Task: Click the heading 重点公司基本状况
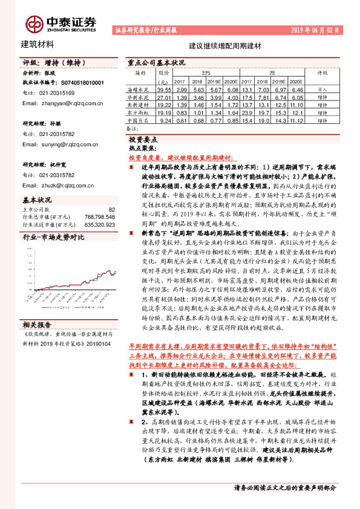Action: click(x=156, y=62)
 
